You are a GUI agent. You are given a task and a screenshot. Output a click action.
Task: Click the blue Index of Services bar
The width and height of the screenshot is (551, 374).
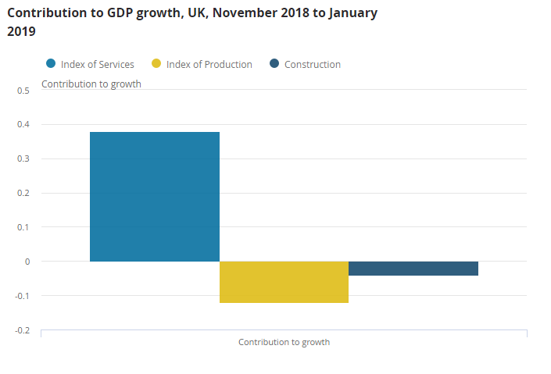tap(155, 196)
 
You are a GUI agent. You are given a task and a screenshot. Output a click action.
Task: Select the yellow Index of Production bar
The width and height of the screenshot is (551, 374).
tap(284, 282)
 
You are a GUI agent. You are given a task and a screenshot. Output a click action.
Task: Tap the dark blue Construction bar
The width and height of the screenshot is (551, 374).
tap(413, 269)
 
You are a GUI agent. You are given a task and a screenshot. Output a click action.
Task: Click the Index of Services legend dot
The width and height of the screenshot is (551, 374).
tap(51, 64)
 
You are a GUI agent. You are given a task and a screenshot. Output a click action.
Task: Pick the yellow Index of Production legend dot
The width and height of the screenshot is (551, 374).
tap(156, 64)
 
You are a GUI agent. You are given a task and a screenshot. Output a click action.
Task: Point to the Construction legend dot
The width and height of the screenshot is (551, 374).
tap(274, 64)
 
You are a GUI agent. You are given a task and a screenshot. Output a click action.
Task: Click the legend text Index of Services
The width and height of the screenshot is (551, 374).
tap(98, 65)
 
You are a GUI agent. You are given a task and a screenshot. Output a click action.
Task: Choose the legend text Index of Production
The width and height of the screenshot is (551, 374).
tap(209, 65)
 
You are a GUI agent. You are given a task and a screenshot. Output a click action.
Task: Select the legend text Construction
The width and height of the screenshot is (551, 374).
tap(313, 65)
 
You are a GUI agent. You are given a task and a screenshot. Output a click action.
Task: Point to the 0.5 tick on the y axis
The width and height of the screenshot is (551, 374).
tap(23, 91)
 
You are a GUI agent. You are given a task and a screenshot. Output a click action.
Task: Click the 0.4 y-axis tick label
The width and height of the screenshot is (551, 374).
tap(23, 125)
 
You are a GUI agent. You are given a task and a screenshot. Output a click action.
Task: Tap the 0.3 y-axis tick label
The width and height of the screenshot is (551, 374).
tap(23, 159)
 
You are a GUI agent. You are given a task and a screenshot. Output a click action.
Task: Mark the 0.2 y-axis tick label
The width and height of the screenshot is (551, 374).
tap(23, 193)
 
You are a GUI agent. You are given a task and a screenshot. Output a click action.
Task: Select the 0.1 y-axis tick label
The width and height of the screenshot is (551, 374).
tap(23, 227)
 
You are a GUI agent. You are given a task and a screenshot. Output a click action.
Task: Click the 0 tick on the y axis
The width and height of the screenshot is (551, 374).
tap(27, 262)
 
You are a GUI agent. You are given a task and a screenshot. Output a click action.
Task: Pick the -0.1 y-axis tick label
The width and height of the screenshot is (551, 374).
tap(22, 296)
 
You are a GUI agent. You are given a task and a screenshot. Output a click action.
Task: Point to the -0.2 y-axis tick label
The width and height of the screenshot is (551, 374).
tap(22, 330)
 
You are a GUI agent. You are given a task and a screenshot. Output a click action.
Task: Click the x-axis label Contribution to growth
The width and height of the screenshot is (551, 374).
tap(284, 342)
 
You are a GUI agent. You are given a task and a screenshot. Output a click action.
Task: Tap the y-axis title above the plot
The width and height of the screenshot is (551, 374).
tap(91, 84)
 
